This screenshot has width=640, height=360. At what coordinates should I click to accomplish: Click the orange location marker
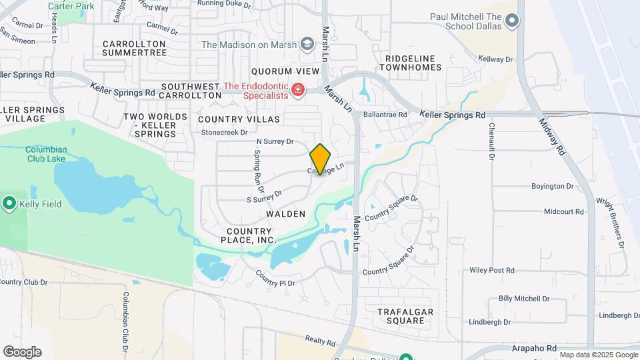click(x=321, y=159)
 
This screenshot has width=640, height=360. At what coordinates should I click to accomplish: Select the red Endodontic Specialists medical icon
click(x=297, y=89)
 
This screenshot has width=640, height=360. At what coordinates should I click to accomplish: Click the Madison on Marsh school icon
click(x=307, y=45)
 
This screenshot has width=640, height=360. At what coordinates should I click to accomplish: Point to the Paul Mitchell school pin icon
click(x=512, y=21)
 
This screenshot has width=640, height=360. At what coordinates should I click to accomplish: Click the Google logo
click(x=22, y=352)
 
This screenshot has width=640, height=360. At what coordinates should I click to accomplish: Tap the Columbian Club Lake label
click(x=46, y=154)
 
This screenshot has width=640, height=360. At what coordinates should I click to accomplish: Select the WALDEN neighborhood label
click(x=285, y=214)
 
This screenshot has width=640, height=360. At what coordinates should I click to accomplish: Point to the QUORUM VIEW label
click(x=281, y=71)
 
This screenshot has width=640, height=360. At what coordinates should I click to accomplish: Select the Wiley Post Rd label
click(x=492, y=270)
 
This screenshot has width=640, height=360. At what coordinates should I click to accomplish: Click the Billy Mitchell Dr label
click(x=524, y=299)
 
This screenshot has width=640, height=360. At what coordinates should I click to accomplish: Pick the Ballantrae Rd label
click(x=385, y=115)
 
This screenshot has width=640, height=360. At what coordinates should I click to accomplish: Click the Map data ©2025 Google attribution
click(x=598, y=355)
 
